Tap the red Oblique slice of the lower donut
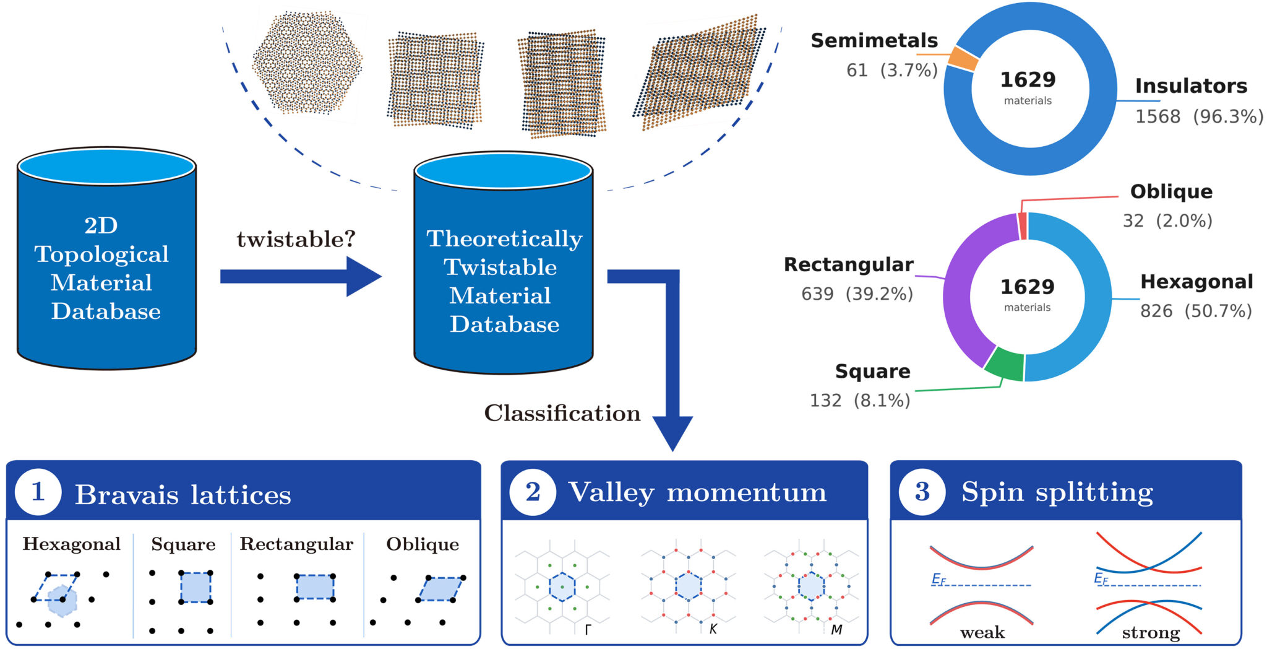coord(1023,226)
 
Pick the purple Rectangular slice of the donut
coord(965,291)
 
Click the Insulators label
coord(1191,85)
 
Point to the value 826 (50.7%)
coord(1196,310)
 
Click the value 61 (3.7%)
coord(891,70)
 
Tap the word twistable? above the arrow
coord(296,239)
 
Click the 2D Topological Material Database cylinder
coord(106,258)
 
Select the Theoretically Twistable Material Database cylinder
coord(504,263)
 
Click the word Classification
coord(562,413)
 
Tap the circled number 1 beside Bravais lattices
coord(38,492)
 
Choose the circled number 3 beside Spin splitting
coord(922,492)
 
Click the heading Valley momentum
coord(697,492)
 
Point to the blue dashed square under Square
coord(195,588)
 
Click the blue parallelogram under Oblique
coord(441,589)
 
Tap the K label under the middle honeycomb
coord(713,629)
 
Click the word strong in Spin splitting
coord(1151,633)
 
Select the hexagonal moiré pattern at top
coord(307,63)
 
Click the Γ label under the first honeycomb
coord(588,630)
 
